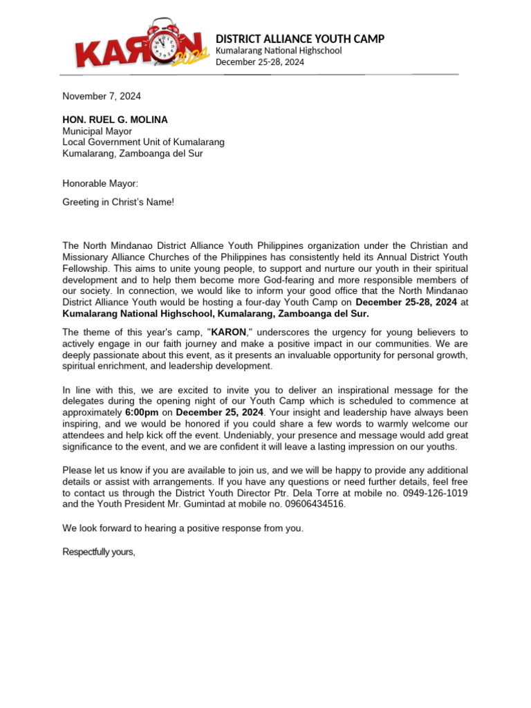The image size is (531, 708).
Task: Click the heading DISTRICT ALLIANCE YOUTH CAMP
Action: point(300,39)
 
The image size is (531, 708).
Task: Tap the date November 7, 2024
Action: point(102,96)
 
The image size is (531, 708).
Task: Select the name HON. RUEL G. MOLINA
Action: point(115,120)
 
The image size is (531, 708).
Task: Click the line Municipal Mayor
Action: point(97,131)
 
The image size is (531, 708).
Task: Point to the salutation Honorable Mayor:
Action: point(100,183)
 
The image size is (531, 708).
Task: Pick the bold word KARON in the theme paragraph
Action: point(228,332)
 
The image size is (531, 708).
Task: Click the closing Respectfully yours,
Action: point(99,552)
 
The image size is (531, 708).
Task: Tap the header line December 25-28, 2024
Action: point(260,62)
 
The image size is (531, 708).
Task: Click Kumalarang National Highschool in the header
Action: point(279,51)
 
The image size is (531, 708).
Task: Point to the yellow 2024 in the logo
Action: point(190,59)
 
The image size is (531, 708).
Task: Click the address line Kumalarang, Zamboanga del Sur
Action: point(133,153)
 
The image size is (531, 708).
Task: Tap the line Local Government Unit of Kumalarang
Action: point(143,142)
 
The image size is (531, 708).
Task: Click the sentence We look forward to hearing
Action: point(183,528)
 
